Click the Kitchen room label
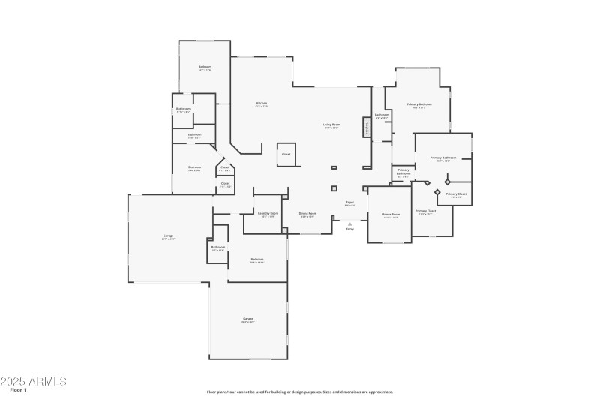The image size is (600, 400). (262, 103)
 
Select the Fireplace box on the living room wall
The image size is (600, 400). (367, 127)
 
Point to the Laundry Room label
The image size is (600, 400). (268, 213)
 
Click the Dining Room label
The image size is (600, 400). (307, 213)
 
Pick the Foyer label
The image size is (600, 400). (349, 203)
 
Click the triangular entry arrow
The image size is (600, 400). (349, 223)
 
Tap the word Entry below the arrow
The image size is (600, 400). (349, 229)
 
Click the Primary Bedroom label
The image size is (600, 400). (418, 104)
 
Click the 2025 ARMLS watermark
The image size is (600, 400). (34, 381)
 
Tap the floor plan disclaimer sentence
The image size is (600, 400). (299, 391)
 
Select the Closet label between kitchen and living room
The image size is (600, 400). (286, 154)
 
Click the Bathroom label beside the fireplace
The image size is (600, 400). (382, 115)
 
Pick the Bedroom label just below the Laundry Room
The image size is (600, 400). (256, 260)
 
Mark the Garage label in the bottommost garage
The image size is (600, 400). (247, 319)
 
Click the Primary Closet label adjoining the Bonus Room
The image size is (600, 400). (425, 211)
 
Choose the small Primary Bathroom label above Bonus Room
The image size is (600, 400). (403, 172)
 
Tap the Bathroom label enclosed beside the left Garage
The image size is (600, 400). (217, 247)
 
